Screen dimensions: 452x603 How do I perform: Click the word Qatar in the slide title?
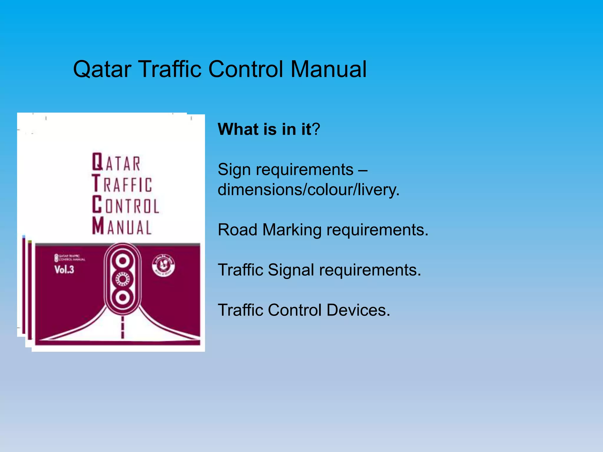tap(102, 69)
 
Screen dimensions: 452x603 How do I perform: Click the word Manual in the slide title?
tap(329, 69)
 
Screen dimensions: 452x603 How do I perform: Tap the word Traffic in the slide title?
tap(170, 69)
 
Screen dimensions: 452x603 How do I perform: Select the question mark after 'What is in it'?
tap(316, 129)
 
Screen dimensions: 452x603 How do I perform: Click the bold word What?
tap(238, 129)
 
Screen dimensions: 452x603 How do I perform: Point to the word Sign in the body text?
tap(234, 170)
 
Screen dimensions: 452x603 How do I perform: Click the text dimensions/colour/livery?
tap(308, 190)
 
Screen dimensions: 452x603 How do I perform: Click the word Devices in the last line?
tap(358, 310)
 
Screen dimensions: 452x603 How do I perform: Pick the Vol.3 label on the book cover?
tap(64, 270)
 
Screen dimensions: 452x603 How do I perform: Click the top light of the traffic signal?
tap(122, 260)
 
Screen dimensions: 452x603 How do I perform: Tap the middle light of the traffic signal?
tap(122, 279)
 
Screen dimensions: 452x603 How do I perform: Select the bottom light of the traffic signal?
tap(122, 297)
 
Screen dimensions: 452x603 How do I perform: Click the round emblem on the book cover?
tap(163, 266)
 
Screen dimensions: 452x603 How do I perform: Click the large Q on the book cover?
tap(97, 162)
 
